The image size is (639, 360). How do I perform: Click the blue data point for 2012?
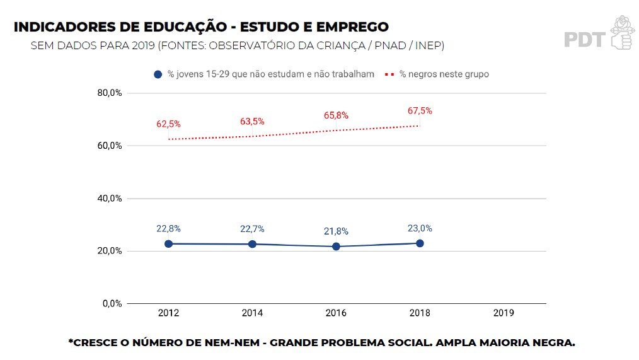[x=169, y=244]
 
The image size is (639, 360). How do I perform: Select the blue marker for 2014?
[x=252, y=244]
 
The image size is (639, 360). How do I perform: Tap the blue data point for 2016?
[x=336, y=247]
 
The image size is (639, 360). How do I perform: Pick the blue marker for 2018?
[x=420, y=243]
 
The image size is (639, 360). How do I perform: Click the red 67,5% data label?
[x=420, y=111]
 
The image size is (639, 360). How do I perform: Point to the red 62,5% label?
[x=168, y=124]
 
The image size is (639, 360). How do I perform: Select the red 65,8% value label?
[x=336, y=115]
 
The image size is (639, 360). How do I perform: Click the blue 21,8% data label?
[x=336, y=231]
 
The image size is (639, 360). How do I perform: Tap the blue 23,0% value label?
[x=420, y=228]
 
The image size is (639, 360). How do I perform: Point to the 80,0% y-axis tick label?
[x=110, y=93]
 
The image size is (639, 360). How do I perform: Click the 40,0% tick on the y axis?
[x=110, y=199]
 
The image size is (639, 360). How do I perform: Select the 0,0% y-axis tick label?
[x=112, y=304]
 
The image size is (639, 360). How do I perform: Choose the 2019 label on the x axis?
[x=504, y=313]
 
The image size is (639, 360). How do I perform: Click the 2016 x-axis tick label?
[x=336, y=313]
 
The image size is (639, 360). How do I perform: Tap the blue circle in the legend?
[x=158, y=74]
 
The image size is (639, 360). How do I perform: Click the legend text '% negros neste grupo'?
[x=444, y=74]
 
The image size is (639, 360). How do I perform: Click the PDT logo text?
[x=584, y=40]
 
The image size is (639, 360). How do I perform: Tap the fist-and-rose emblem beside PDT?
[x=621, y=33]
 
